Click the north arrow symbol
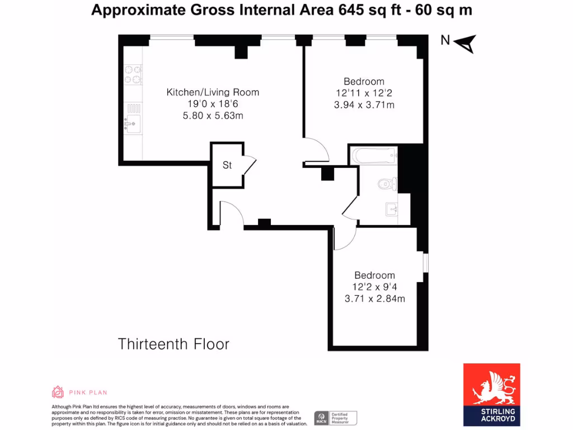[x=466, y=43]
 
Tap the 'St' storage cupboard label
[x=227, y=165]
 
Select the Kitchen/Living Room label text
[x=213, y=92]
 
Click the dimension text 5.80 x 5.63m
[x=213, y=116]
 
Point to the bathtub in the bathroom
[x=373, y=156]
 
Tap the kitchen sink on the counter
[x=133, y=119]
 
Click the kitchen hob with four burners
[x=133, y=74]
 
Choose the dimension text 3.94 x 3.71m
[x=364, y=105]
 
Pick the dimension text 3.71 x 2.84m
[x=374, y=298]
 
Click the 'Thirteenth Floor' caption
[x=173, y=344]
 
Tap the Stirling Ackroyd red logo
[x=491, y=394]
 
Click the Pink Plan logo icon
[x=58, y=392]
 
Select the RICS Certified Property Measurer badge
[x=335, y=418]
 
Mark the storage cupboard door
[x=250, y=166]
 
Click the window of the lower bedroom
[x=425, y=263]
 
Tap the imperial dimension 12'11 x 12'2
[x=364, y=93]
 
